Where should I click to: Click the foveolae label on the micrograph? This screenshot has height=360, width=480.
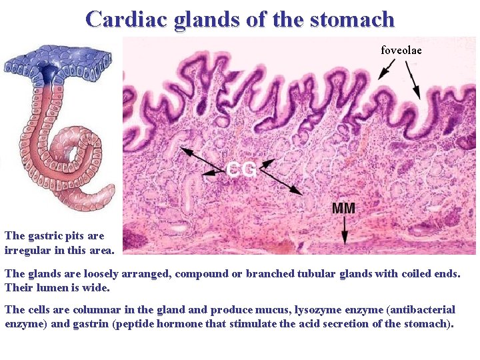[401, 50]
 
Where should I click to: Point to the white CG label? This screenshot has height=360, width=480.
[241, 170]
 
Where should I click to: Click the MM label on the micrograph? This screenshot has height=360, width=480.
[343, 208]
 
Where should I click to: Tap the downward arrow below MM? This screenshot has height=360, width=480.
[345, 232]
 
